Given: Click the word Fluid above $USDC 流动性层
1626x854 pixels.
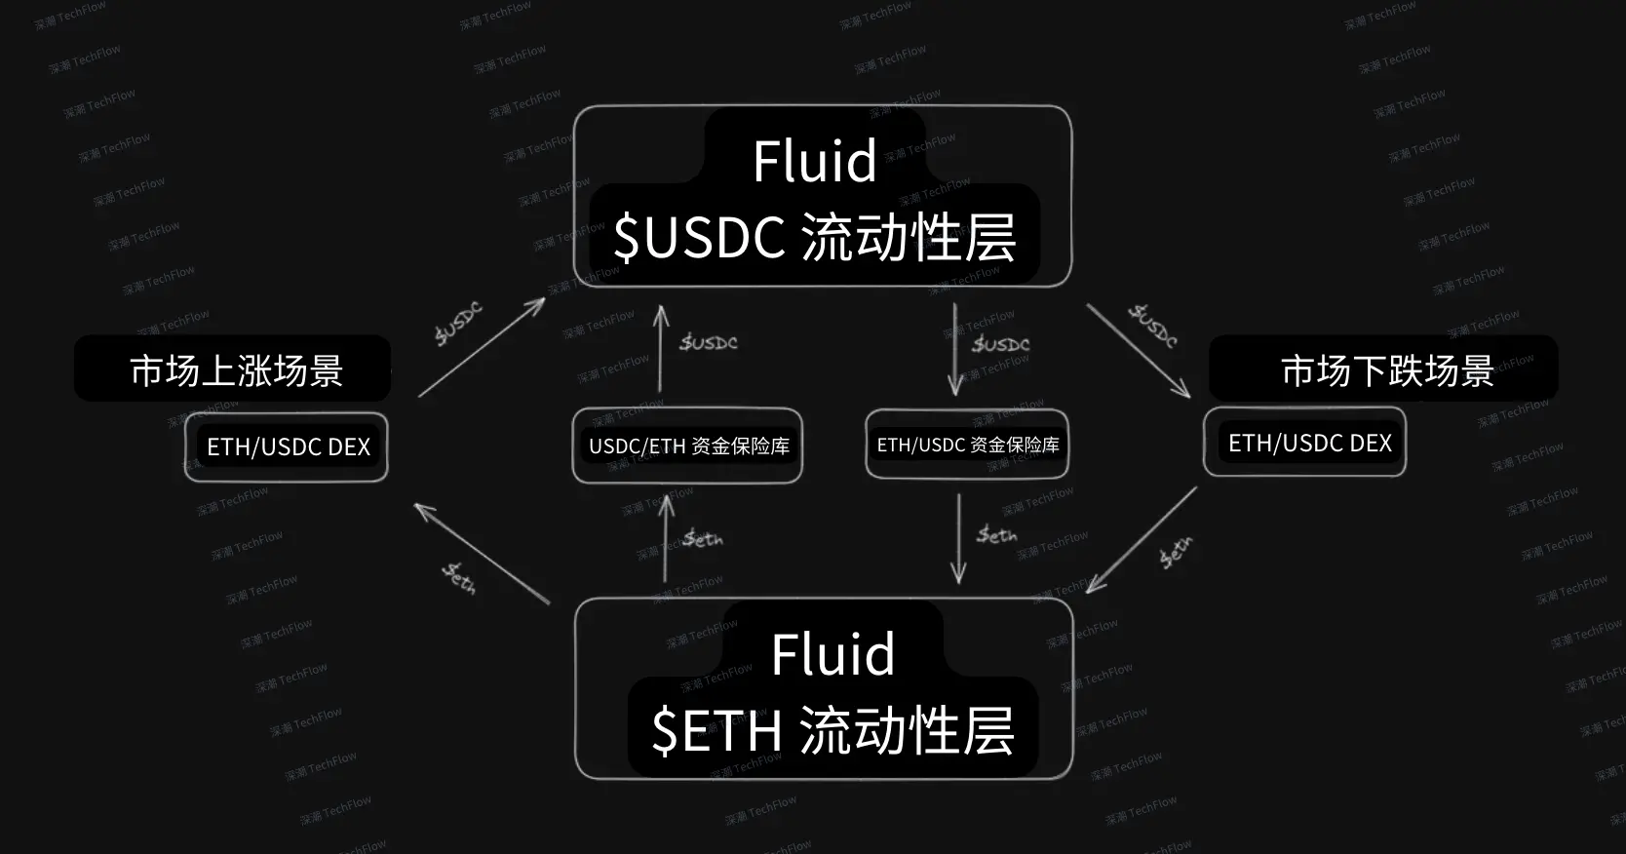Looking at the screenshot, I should tap(815, 161).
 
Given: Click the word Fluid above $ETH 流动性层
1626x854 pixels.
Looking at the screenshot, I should tap(832, 654).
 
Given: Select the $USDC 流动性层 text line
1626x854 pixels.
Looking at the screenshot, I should tap(815, 237).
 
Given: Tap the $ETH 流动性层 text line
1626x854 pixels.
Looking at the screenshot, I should tap(832, 730).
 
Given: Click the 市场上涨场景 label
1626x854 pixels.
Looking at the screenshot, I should tap(236, 370).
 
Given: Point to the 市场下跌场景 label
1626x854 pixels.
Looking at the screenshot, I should tap(1386, 370).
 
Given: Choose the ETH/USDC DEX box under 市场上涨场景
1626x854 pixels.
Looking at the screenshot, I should tap(288, 447).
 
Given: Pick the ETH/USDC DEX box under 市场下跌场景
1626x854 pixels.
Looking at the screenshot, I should tap(1309, 444).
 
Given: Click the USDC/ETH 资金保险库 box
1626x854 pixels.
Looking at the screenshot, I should tap(688, 446).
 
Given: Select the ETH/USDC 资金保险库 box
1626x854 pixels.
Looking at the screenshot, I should tap(967, 445).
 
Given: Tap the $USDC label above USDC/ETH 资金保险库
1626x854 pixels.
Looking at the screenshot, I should tap(709, 342).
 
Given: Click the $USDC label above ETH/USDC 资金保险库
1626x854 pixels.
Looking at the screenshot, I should tap(1001, 344).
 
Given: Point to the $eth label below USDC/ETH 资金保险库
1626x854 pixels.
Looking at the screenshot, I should tap(703, 538).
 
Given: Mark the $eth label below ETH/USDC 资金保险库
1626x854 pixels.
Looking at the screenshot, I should tap(997, 534).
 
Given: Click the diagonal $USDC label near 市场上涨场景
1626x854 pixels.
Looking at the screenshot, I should tap(458, 324).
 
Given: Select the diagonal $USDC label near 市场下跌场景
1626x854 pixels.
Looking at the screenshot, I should tap(1153, 326).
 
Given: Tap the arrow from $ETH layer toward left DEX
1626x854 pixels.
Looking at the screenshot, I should tap(482, 553).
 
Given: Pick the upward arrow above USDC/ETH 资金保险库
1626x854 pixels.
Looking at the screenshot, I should tap(661, 348).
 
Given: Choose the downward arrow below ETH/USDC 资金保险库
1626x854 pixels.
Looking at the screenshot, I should tap(958, 538).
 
